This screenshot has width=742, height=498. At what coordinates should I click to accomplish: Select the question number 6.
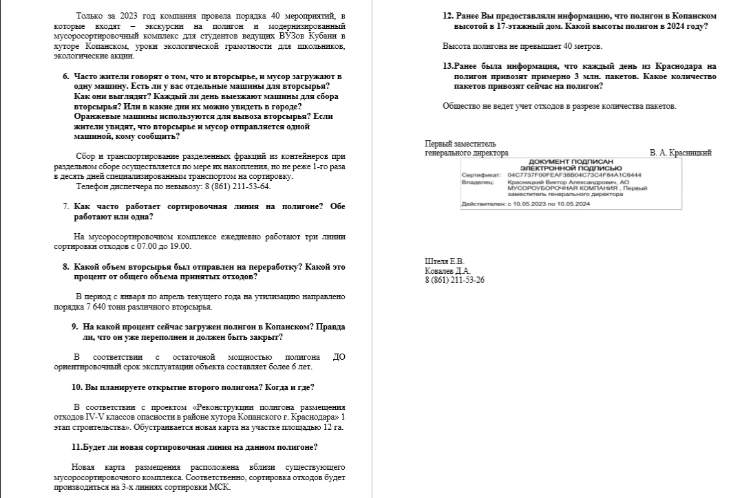coord(65,76)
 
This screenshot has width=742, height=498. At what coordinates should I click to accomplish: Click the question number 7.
coord(65,206)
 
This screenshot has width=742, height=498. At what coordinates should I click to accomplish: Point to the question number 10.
coord(76,387)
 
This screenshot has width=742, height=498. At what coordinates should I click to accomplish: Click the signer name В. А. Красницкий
coord(680,153)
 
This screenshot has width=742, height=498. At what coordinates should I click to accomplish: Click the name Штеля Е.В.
coord(444,261)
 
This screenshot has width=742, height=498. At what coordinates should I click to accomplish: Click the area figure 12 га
coord(333,427)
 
